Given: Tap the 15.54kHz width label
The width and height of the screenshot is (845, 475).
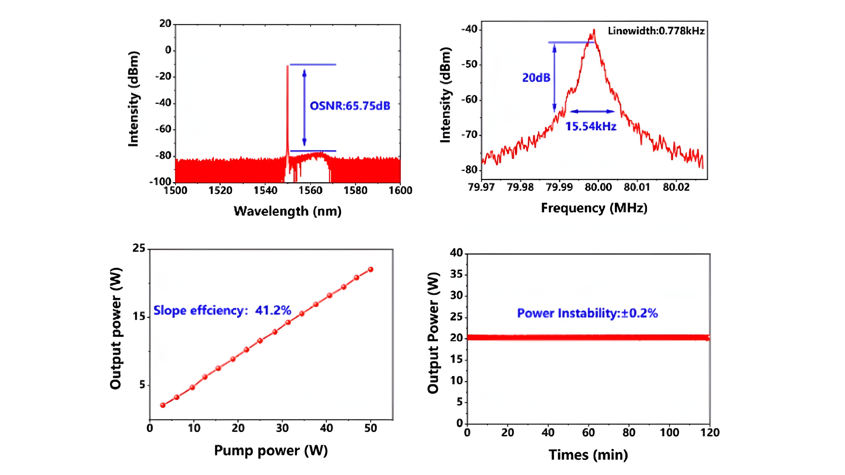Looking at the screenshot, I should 591,126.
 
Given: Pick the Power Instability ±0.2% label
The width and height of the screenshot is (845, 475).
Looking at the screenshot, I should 587,313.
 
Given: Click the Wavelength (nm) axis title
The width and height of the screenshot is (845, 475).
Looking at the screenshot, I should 287,211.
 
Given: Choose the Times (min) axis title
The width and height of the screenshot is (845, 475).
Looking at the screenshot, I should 588,455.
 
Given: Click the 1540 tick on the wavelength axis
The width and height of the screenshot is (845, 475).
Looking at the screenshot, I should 265,190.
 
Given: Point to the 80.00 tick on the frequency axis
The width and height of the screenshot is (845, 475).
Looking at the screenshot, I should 598,187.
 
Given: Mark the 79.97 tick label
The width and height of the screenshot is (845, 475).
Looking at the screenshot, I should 481,187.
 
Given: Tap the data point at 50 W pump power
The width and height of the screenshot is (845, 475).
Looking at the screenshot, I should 371,269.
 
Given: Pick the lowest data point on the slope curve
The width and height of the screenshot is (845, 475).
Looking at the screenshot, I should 162,405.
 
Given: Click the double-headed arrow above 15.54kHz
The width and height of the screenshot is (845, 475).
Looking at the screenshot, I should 592,111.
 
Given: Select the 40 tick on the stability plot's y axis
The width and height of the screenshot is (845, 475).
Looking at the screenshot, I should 456,253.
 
